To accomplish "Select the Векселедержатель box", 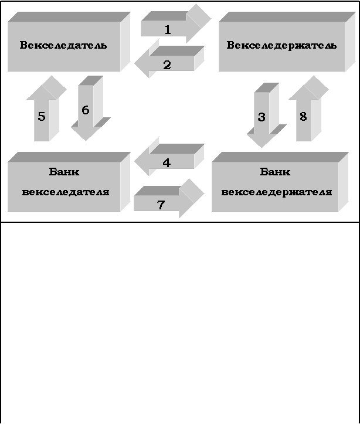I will pos(281,46).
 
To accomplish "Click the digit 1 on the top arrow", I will pos(168,29).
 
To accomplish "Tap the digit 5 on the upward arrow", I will pos(42,117).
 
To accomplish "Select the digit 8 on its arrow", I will pos(303,117).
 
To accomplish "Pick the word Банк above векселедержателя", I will pos(275,172).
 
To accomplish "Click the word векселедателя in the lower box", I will pos(66,192).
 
